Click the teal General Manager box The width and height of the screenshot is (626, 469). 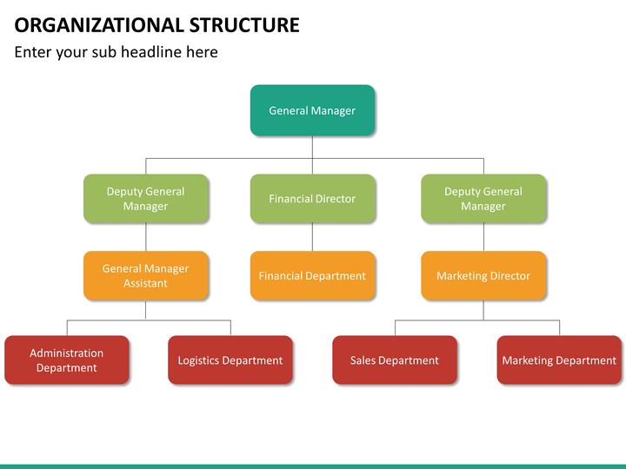point(312,110)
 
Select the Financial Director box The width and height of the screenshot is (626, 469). point(312,198)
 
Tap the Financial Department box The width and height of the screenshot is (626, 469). point(312,275)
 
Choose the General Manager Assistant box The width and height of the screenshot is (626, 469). point(146,275)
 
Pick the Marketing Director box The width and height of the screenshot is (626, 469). point(483,275)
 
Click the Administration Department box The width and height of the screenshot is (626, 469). point(67,360)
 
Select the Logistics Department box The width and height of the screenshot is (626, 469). point(230,360)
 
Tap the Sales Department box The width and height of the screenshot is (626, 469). point(395,360)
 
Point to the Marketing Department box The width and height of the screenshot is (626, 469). point(559,360)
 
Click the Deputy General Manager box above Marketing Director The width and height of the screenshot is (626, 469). point(483,198)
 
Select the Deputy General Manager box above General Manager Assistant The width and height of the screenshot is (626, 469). point(146,198)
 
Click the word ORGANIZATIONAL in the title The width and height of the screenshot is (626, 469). point(98,25)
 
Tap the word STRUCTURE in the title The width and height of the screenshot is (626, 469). point(244,25)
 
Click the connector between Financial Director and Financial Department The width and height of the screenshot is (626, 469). point(312,237)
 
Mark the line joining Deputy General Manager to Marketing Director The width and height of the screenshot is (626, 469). point(484,237)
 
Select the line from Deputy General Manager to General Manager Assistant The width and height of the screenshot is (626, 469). point(146,237)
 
